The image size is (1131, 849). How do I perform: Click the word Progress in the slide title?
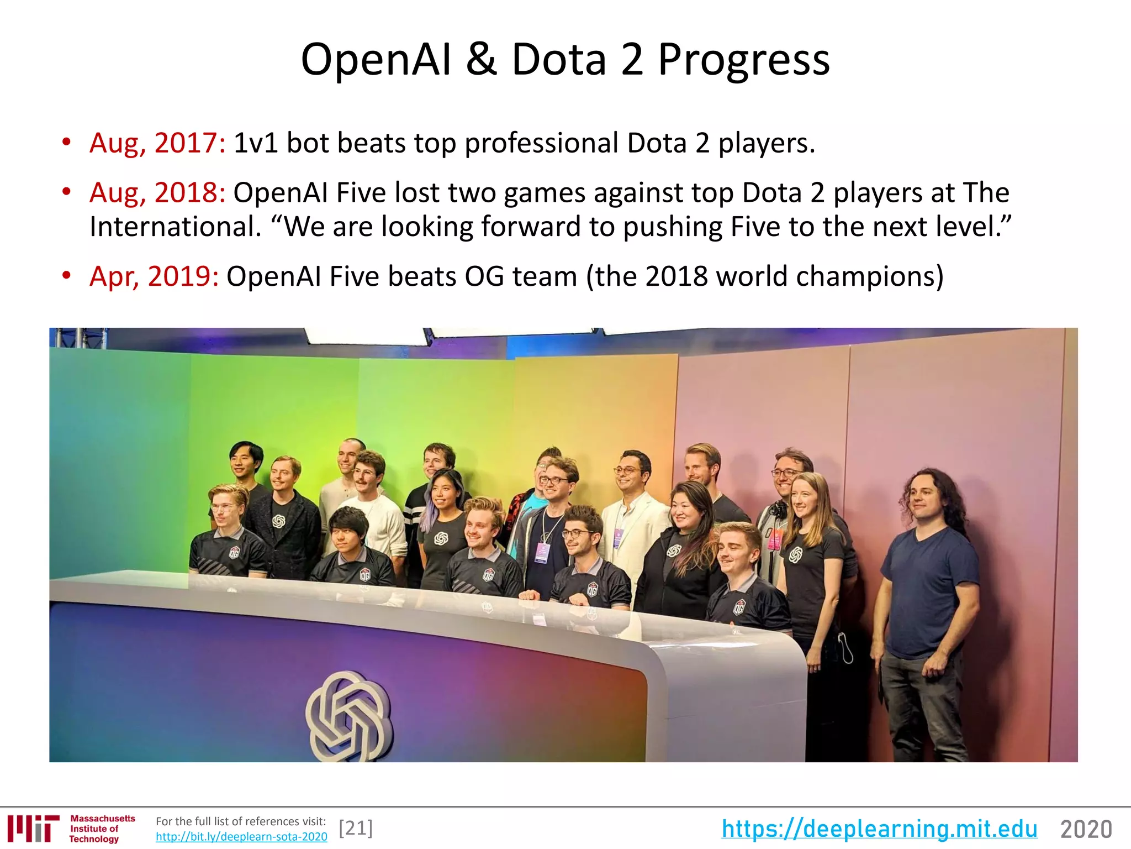743,60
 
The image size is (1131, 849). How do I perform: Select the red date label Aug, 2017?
157,143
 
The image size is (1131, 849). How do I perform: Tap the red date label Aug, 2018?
157,193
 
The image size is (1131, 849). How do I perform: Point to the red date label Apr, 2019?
154,276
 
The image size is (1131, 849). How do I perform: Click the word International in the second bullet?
175,227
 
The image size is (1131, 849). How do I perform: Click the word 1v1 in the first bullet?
255,143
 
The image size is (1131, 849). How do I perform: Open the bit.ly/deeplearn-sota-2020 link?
241,837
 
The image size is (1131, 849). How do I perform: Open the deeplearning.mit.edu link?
879,829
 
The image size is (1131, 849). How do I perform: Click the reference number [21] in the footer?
356,828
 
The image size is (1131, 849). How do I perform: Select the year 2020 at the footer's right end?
1086,829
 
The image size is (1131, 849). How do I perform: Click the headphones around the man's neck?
779,508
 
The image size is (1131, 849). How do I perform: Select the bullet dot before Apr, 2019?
67,275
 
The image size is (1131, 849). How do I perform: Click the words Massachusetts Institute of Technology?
102,829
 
